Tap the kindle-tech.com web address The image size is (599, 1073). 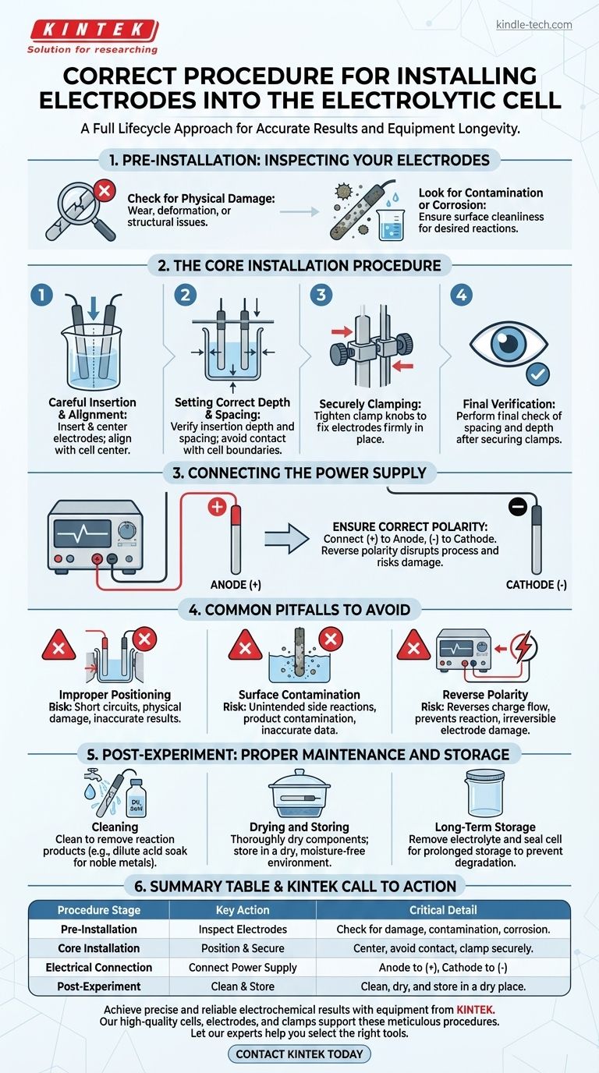click(533, 24)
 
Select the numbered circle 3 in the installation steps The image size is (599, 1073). click(321, 295)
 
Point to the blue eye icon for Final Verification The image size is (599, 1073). click(509, 342)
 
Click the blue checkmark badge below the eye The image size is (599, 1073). click(537, 374)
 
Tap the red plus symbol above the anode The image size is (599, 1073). click(217, 507)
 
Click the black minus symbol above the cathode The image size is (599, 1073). click(518, 506)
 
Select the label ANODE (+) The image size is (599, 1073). click(236, 584)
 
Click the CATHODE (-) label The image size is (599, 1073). click(537, 584)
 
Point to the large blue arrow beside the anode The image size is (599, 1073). click(286, 538)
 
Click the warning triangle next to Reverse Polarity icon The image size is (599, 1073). click(413, 645)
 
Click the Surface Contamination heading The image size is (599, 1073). click(299, 695)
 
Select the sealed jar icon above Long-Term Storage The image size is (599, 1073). click(484, 792)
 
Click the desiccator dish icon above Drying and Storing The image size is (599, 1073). click(299, 793)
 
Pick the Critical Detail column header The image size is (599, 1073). click(443, 910)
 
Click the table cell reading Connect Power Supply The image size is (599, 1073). click(243, 967)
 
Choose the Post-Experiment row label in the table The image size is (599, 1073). click(99, 986)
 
